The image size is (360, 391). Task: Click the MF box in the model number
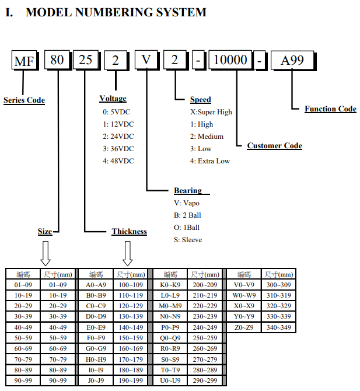pos(24,61)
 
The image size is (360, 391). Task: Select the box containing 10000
pos(230,61)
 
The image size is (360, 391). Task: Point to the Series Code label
pos(24,100)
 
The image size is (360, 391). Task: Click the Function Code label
pos(330,109)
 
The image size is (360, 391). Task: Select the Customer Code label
pos(274,145)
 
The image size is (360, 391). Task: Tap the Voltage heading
pos(113,99)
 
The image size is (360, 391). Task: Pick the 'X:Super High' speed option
pos(211,111)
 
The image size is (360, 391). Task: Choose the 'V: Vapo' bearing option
pos(187,203)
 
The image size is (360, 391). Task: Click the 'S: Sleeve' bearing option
pos(188,240)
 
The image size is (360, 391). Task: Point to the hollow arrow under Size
pos(45,253)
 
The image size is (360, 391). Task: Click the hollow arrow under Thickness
pos(128,253)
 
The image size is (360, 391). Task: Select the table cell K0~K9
pos(170,285)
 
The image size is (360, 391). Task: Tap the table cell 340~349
pos(278,327)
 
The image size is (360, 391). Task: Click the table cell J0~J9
pos(96,380)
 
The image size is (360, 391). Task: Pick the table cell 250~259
pos(205,338)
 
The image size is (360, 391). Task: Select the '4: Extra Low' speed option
pos(209,160)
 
